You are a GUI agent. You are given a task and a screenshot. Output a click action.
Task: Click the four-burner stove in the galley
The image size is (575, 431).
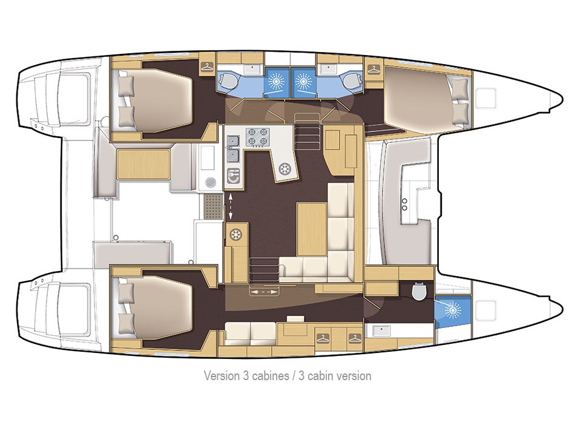pyautogui.click(x=257, y=137)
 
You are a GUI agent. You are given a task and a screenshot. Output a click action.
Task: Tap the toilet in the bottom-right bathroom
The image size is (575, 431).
pyautogui.click(x=418, y=292)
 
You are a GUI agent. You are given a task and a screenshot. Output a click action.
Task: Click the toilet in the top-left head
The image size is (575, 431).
pyautogui.click(x=229, y=81)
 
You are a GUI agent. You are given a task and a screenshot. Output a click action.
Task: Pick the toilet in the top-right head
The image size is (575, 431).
pyautogui.click(x=349, y=81)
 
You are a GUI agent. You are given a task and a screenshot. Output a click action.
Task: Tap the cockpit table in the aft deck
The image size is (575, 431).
pyautogui.click(x=143, y=163)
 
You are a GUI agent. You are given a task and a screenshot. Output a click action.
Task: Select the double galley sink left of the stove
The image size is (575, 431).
pyautogui.click(x=233, y=149)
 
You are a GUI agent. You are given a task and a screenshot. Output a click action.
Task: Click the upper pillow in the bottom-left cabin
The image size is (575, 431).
pyautogui.click(x=125, y=292)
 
